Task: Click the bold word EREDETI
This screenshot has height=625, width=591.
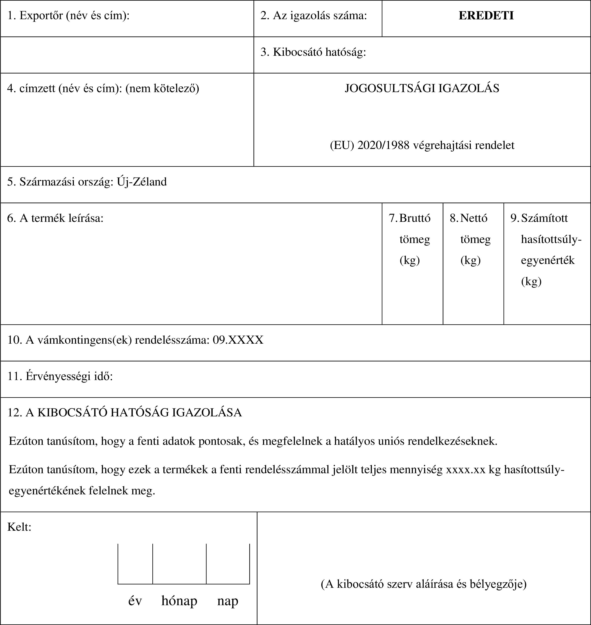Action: coord(486,16)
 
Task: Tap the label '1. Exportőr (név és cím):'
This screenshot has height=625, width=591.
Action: coord(68,16)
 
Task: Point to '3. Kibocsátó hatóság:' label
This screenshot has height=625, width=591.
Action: coord(313,52)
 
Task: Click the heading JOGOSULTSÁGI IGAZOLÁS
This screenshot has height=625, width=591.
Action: coord(422,88)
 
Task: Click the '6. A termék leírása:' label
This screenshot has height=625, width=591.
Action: coord(55,218)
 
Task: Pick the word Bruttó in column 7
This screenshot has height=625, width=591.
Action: coord(415,218)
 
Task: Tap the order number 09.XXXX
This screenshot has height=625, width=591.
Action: coord(238,340)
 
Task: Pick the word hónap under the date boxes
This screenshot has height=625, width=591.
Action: coord(179,601)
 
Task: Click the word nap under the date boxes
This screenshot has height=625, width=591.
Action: coord(227,601)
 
